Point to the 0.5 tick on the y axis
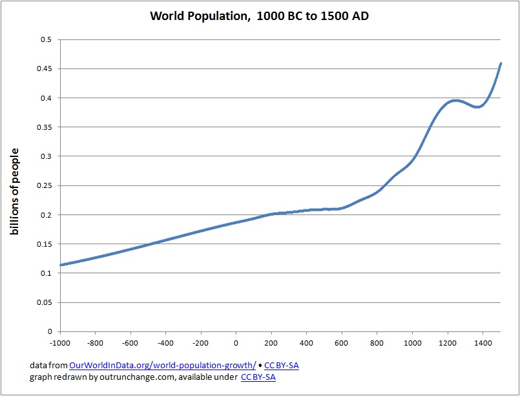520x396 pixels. (47, 39)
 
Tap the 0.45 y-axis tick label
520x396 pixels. (44, 68)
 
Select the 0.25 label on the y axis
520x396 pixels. (44, 185)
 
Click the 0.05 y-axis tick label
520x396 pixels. (44, 302)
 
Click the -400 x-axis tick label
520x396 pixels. (165, 343)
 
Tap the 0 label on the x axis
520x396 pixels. (236, 343)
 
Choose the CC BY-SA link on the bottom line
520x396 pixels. (258, 377)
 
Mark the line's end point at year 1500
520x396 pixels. (501, 63)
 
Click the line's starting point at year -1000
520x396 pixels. (60, 265)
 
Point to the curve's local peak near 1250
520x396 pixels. (456, 100)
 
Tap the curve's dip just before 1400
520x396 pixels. (477, 107)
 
